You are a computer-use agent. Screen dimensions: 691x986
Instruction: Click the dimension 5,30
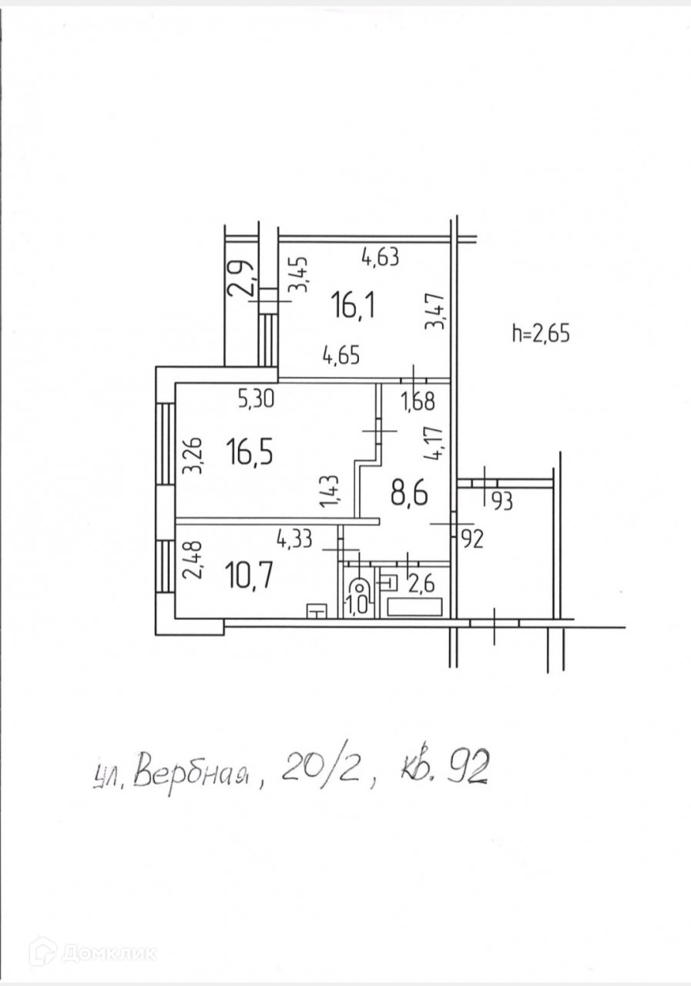point(256,398)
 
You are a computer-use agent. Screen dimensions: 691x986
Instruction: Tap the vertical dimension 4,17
point(439,442)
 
